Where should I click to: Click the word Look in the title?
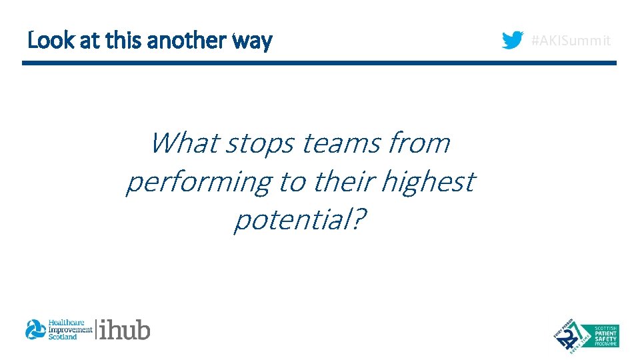(44, 41)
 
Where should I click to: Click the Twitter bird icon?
(513, 41)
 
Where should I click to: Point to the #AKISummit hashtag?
(571, 41)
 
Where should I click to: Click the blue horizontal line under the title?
(319, 63)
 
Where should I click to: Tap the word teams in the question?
(340, 143)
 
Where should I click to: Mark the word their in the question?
(346, 181)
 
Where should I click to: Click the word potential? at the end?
(299, 220)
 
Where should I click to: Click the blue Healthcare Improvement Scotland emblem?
(35, 329)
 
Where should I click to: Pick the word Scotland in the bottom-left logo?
(63, 337)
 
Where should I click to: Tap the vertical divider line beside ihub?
(96, 329)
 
